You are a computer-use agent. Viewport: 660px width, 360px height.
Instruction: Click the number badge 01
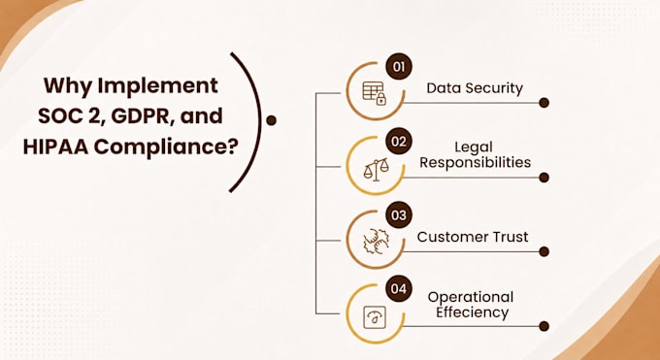[x=399, y=67]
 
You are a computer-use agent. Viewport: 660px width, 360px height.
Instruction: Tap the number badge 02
[x=399, y=141]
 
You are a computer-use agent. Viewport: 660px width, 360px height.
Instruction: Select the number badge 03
[x=399, y=214]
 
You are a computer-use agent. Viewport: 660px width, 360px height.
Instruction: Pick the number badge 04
[x=399, y=289]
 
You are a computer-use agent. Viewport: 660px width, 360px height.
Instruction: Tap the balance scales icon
[x=376, y=170]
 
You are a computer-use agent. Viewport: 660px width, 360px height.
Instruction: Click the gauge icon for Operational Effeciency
[x=375, y=317]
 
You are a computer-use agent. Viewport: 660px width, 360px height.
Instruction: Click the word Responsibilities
[x=476, y=162]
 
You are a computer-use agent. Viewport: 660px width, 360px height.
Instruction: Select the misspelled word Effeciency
[x=472, y=312]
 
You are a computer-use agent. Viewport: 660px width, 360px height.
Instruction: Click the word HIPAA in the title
[x=55, y=147]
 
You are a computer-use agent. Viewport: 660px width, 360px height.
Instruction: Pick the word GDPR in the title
[x=142, y=116]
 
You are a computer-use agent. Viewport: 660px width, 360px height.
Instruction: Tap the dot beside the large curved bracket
[x=272, y=120]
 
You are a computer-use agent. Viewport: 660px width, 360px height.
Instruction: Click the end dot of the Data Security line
[x=544, y=103]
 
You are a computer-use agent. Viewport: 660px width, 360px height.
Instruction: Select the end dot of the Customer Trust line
[x=544, y=251]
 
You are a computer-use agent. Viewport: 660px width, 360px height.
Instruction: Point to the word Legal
[x=474, y=147]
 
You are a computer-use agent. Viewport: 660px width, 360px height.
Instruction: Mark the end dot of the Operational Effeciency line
[x=544, y=326]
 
